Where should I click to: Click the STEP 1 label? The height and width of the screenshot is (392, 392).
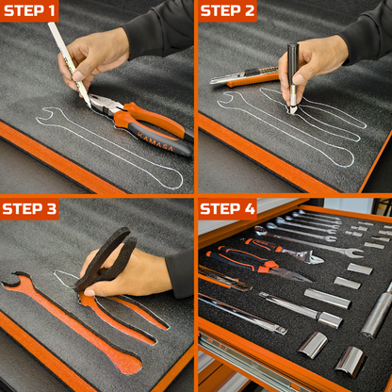pos(29,10)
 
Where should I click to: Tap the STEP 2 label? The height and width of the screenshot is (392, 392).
pos(227,10)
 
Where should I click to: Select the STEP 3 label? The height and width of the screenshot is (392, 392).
pos(29,209)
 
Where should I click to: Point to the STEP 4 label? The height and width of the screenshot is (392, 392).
pos(227,209)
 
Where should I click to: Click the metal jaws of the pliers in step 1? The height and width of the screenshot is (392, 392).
pos(103,105)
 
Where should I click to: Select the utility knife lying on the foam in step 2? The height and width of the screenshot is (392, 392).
pos(244,76)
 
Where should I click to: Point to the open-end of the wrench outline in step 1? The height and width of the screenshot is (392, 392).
pos(46,116)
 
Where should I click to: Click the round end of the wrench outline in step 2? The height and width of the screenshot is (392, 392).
pos(343,158)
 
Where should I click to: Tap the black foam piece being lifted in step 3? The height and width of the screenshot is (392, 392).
pos(106,258)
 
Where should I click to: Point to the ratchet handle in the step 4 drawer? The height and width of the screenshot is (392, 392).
pos(242,314)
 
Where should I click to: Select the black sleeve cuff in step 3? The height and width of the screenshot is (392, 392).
pos(179,272)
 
